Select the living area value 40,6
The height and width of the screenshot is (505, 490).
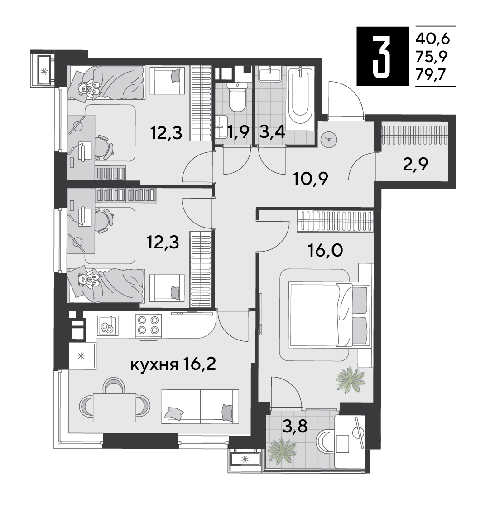tap(432, 39)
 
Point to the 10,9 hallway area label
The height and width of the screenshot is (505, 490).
tap(311, 179)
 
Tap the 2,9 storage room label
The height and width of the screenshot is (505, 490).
tap(415, 165)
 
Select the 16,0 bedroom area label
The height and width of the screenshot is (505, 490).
tap(325, 250)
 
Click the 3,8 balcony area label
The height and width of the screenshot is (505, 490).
tap(295, 426)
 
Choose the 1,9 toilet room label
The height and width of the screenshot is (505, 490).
tap(238, 132)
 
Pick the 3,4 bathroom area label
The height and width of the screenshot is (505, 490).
tap(272, 132)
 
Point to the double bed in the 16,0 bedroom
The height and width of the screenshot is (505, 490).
tap(328, 314)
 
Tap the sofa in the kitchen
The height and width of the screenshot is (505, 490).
tap(200, 406)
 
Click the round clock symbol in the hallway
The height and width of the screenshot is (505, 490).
tap(329, 140)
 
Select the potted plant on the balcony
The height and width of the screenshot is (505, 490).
tap(282, 449)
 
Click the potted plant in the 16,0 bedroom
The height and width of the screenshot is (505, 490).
tap(350, 380)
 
